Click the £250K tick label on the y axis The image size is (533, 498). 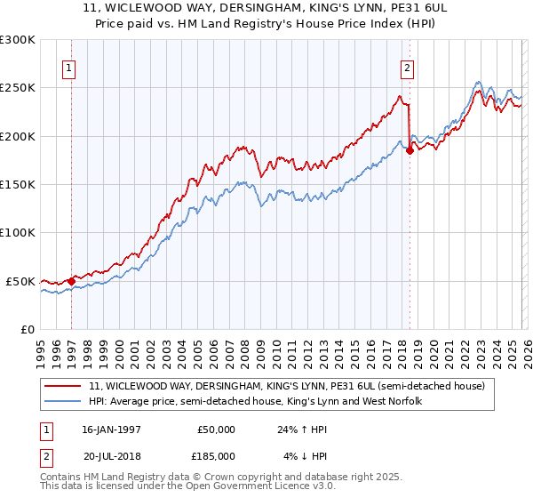[18, 88]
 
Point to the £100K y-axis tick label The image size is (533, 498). [18, 233]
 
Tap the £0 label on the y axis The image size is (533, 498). [27, 329]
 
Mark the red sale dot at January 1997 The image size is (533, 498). [71, 281]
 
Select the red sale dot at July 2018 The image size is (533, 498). [410, 150]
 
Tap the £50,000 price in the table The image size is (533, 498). [216, 429]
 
